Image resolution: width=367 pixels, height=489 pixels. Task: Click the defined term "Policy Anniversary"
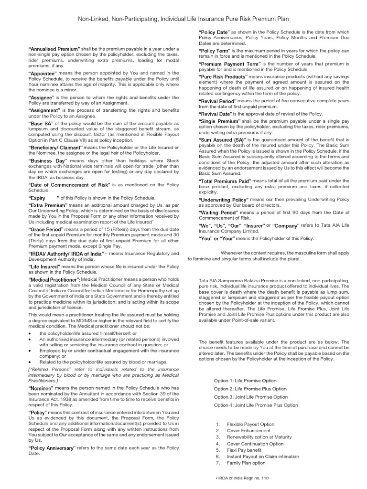(52, 448)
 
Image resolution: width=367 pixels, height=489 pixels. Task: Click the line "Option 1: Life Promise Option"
(245, 381)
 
